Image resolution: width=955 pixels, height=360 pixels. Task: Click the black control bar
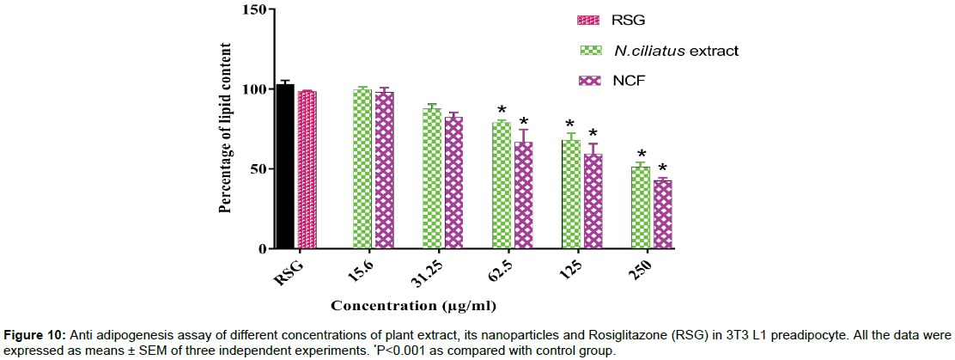pyautogui.click(x=285, y=167)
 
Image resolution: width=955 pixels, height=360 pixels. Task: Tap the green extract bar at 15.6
pyautogui.click(x=362, y=168)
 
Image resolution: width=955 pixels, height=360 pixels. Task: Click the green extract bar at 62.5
pyautogui.click(x=502, y=185)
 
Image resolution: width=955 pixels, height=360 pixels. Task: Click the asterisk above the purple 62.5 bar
pyautogui.click(x=523, y=122)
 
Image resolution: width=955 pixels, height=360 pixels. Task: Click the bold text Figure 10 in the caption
pyautogui.click(x=31, y=335)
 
